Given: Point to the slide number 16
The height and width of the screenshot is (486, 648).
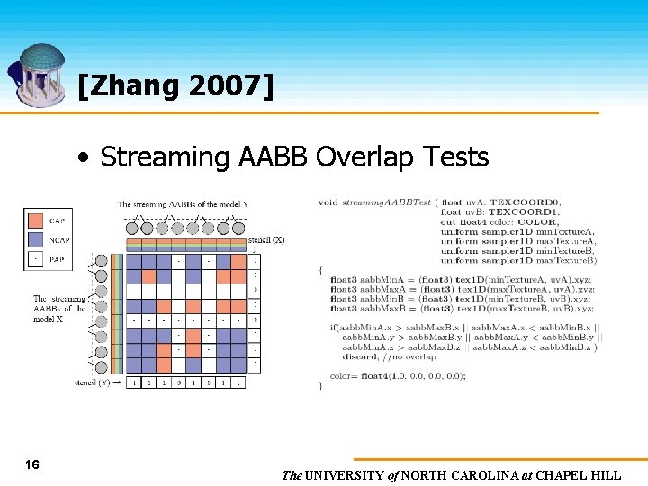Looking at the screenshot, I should point(32,464).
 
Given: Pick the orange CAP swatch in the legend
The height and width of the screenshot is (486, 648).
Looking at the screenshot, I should point(35,220).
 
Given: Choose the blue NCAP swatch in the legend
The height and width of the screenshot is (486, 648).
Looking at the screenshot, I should point(35,239).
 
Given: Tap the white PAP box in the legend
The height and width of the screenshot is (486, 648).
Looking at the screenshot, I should point(35,259).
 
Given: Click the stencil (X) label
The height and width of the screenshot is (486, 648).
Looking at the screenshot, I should point(266,240).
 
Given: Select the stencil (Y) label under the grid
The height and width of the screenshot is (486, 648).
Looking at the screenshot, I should point(92,382).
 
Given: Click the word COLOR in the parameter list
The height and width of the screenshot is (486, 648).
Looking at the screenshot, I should point(537,222).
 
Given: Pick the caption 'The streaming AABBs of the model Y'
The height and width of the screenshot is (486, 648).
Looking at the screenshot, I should point(183,204).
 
